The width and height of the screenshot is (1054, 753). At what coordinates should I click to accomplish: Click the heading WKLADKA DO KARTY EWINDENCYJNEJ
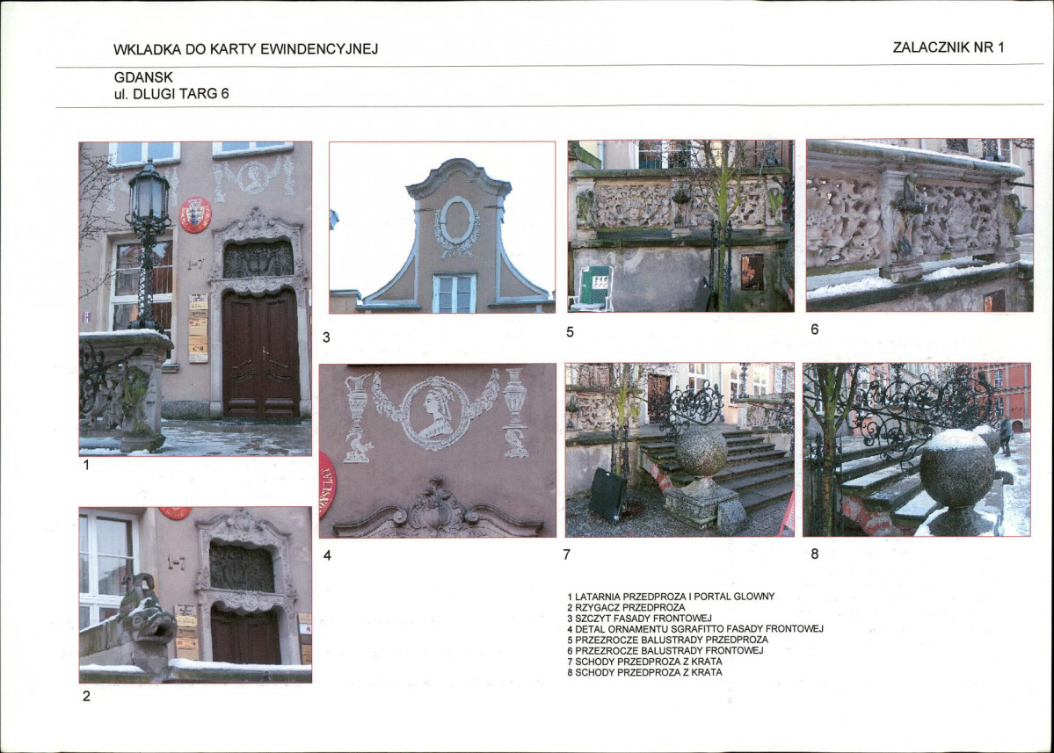coord(245,49)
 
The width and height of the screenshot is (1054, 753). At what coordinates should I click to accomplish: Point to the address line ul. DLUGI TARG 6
coord(171,94)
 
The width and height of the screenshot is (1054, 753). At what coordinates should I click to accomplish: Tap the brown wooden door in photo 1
coord(260,353)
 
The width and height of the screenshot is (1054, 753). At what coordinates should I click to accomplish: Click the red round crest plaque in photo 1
coord(195,214)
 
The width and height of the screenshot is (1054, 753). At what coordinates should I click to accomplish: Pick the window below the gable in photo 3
coord(454,293)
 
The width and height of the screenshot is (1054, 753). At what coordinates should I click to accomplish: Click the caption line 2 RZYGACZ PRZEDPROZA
coord(626,607)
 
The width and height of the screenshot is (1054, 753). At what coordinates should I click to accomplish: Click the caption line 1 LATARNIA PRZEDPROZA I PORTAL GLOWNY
coord(671,597)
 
